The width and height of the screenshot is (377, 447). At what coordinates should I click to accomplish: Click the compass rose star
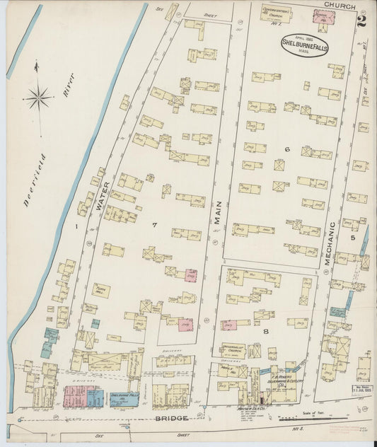[x=38, y=96]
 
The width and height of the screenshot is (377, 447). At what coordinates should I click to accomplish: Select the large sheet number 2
[x=361, y=21]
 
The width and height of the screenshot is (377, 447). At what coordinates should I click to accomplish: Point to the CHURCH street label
[x=334, y=5]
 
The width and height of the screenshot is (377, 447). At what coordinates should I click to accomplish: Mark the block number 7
[x=153, y=225]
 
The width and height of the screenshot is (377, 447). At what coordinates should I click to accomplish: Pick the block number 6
[x=288, y=149]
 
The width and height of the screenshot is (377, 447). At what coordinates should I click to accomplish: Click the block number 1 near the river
[x=74, y=226]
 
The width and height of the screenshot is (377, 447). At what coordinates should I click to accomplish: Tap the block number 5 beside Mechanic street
[x=353, y=237]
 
